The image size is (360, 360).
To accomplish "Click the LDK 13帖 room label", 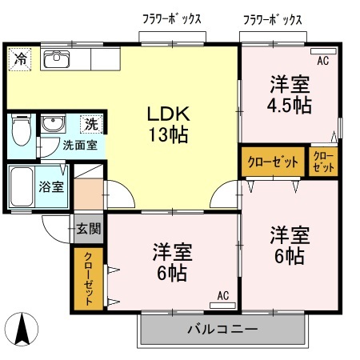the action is tap(169, 124).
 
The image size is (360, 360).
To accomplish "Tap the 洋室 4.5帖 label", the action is tap(290, 94).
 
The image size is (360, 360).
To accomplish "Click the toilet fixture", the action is tap(22, 130).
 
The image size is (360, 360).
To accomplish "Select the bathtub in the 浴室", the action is tap(22, 186).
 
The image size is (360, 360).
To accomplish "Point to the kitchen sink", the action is tap(57, 59).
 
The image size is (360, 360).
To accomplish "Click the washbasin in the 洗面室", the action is tap(53, 123).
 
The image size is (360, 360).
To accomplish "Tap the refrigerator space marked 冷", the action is tap(20, 59).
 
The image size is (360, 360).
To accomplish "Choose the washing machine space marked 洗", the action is tap(91, 124).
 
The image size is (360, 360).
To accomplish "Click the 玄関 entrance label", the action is tap(89, 229).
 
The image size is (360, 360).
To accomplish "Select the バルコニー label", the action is tap(222, 330).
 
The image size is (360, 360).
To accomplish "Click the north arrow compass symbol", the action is tap(22, 330).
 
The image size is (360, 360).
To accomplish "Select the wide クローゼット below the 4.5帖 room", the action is tap(273, 162).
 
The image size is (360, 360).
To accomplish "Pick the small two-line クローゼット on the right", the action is tap(323, 162).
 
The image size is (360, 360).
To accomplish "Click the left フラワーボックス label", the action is tap(172, 19).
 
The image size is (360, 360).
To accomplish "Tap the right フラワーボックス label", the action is tap(273, 20).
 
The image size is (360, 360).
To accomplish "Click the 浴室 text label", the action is tap(51, 186).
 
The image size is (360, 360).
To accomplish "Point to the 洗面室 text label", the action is tap(80, 146).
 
